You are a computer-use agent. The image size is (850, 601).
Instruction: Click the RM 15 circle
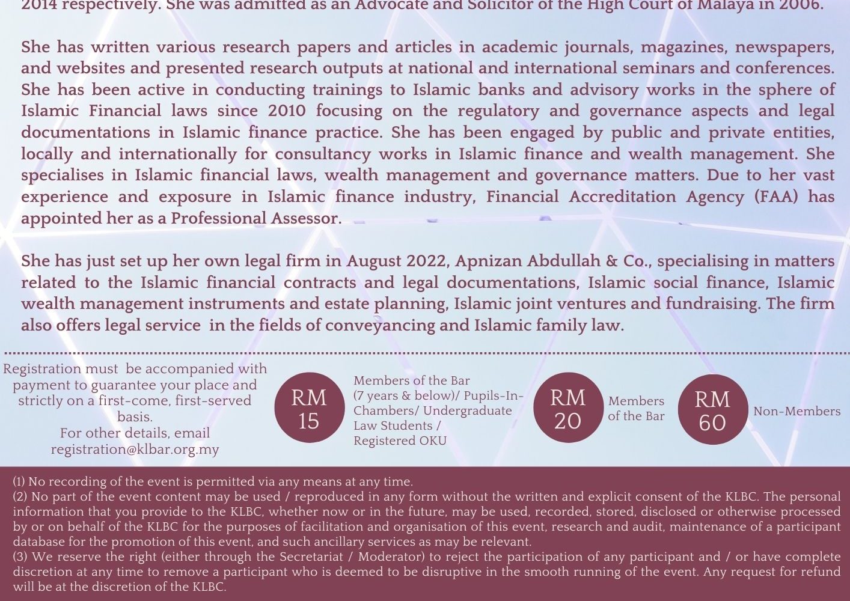coord(309,409)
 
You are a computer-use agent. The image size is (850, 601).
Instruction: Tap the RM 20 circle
coord(567,409)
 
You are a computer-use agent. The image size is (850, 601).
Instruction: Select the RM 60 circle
coord(712,410)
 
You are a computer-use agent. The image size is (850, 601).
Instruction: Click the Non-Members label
coord(796,412)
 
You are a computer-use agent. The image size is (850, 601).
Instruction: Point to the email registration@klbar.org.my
coord(135,450)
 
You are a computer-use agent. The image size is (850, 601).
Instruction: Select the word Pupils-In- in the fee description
coord(494,395)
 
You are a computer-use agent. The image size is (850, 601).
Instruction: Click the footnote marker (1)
coord(19,482)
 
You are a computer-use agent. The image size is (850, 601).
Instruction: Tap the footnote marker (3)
coord(20,557)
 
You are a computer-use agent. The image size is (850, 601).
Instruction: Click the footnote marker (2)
coord(20,497)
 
